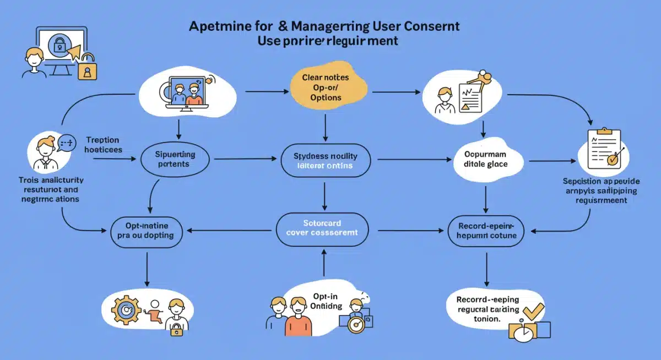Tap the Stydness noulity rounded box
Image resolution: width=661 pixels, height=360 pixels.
tap(326, 160)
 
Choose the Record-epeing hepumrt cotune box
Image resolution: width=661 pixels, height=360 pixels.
tap(486, 231)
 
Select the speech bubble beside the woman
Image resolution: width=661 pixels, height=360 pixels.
tap(67, 143)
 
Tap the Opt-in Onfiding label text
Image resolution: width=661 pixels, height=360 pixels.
tap(326, 301)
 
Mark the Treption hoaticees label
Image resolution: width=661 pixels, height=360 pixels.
tap(104, 144)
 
